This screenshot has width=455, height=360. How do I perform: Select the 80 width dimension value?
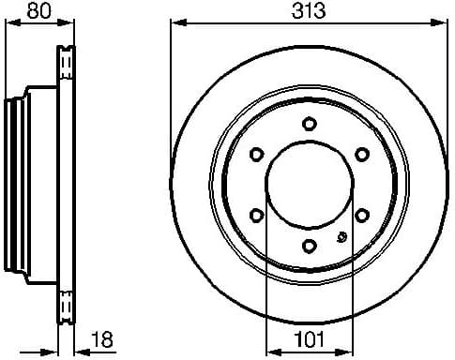38,13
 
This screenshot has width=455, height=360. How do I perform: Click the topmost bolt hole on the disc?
310,123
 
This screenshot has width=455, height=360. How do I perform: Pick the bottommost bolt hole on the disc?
310,246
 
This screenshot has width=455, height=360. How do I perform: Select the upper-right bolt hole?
362,154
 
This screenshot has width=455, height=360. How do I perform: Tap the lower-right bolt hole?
362,215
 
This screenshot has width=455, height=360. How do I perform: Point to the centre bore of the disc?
310,185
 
